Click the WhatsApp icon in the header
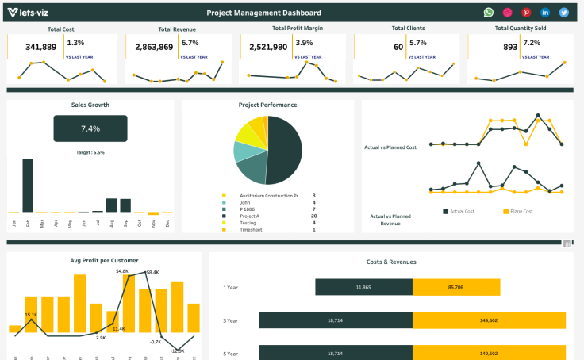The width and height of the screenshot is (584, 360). point(489,13)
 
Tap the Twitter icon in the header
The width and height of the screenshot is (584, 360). point(564,13)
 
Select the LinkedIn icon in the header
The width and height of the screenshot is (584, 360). point(545,13)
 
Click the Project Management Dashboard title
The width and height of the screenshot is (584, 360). point(263,13)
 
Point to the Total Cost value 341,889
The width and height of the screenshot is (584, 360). point(41,48)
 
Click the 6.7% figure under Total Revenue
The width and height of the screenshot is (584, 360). point(190,43)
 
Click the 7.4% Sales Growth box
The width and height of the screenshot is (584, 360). point(90,128)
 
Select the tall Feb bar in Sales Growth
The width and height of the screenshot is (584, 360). point(28,186)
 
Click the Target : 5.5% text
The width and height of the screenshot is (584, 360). point(90,152)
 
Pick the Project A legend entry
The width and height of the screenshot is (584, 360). point(249,216)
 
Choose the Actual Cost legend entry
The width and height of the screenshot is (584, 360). point(461,211)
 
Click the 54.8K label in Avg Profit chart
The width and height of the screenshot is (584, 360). point(122,271)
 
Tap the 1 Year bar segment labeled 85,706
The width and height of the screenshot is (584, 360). point(455,287)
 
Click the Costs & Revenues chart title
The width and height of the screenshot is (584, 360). point(391,262)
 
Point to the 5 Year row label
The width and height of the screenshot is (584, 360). point(230,354)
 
